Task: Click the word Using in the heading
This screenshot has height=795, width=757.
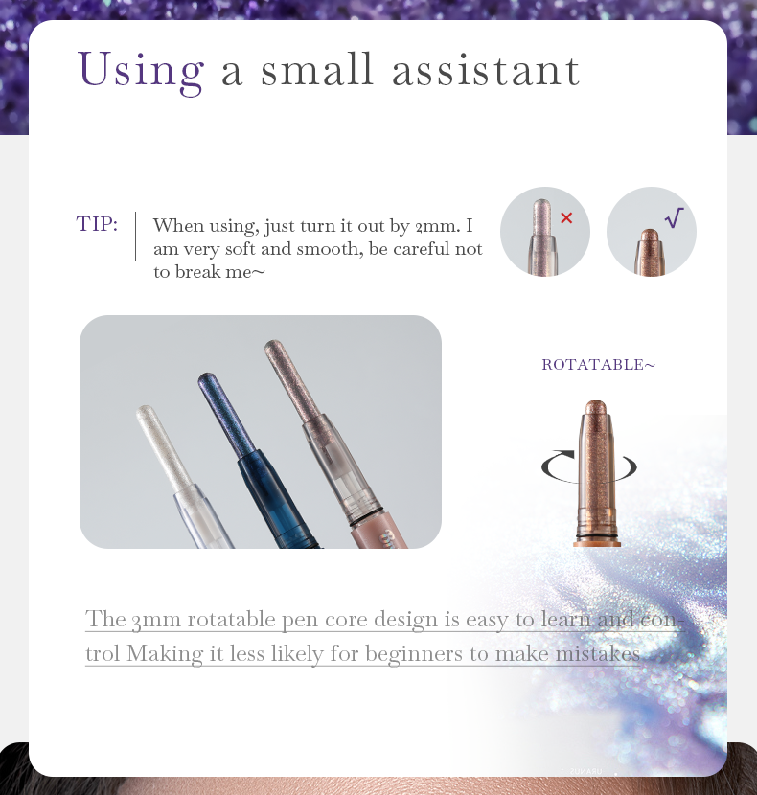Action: [141, 72]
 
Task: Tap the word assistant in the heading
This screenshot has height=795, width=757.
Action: [486, 70]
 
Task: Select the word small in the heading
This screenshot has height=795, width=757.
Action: [317, 69]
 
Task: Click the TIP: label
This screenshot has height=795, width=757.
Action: [97, 223]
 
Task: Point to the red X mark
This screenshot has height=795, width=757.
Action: [566, 218]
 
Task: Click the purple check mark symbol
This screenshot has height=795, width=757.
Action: [675, 217]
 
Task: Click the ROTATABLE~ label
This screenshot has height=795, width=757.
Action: [599, 365]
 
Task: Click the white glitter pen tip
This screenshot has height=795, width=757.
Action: [163, 447]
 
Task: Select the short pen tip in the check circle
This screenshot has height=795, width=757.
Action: [650, 253]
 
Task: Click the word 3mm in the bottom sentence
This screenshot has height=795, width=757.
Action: [156, 620]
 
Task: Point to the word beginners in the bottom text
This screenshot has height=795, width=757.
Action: [414, 654]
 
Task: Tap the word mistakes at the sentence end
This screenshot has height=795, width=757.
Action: [598, 653]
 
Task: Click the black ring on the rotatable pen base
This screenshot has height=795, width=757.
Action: [597, 535]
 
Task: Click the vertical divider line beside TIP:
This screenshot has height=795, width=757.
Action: [135, 236]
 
